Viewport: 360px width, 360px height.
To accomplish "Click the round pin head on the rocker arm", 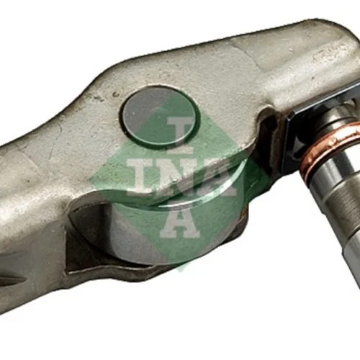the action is tap(161, 116).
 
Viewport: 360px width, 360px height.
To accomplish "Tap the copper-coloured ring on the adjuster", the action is tap(329, 149).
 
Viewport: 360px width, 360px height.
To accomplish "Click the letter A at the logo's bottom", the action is tap(181, 222).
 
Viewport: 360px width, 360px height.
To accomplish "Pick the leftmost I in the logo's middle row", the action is tap(142, 177).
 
